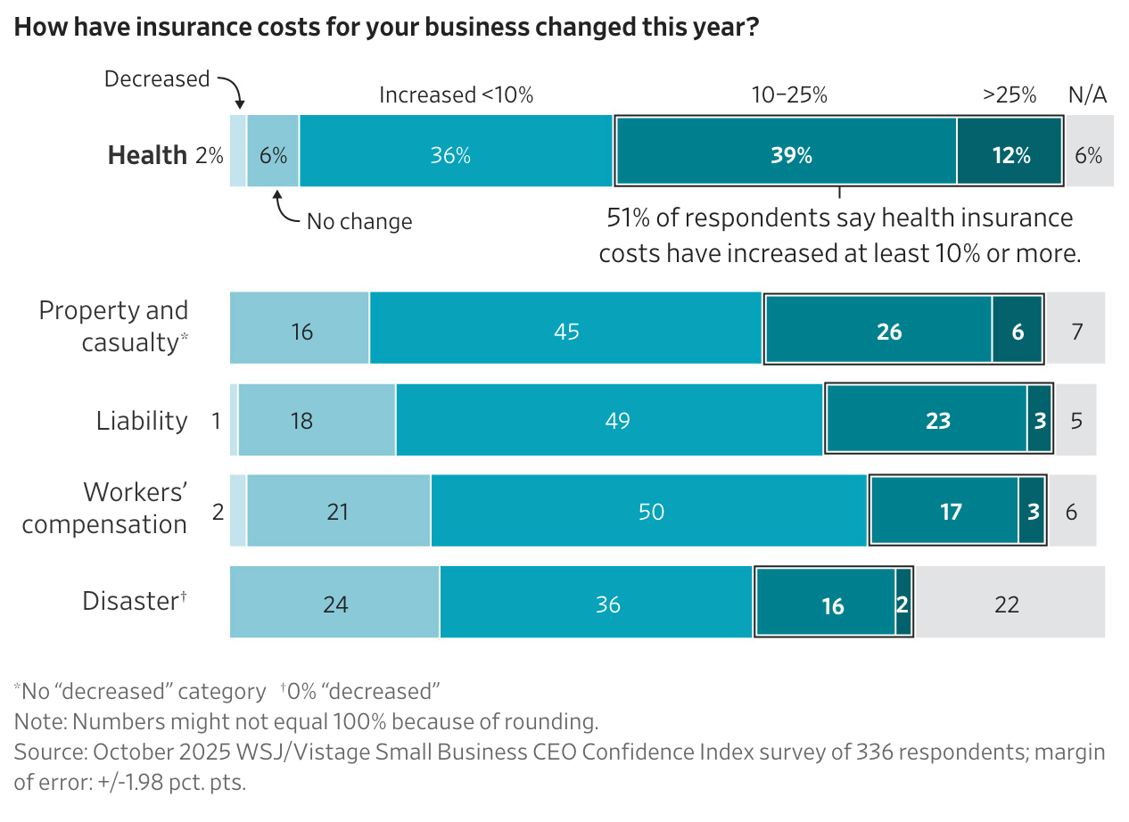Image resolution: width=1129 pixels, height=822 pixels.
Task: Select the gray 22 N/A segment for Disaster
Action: [1008, 603]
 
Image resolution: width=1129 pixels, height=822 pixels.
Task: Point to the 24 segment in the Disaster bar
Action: [334, 603]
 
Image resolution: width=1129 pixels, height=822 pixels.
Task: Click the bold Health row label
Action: [147, 155]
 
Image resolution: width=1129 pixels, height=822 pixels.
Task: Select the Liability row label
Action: [142, 420]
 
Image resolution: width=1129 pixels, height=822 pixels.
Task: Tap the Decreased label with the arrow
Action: [157, 79]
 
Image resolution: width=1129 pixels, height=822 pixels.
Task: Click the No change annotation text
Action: [359, 221]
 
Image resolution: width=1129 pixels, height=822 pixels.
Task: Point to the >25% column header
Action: [1010, 95]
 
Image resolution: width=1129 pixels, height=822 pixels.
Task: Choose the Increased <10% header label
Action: [456, 95]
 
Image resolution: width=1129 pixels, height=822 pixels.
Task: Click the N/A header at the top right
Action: [1087, 95]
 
